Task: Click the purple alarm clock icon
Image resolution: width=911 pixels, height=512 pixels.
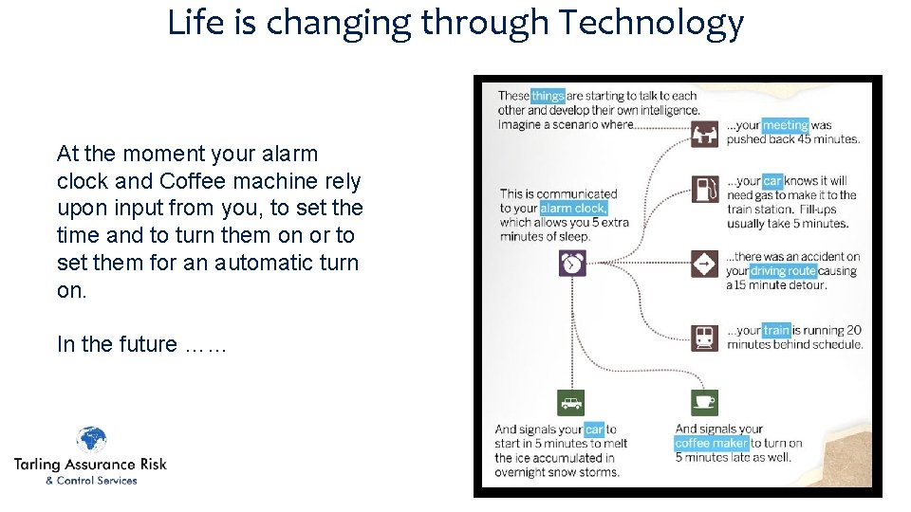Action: click(572, 263)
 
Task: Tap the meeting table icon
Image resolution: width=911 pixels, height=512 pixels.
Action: click(704, 134)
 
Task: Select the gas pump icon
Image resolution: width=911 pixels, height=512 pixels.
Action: click(704, 189)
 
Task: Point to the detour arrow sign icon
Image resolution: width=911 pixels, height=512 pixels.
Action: click(704, 264)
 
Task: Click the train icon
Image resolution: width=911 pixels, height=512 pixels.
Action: click(704, 337)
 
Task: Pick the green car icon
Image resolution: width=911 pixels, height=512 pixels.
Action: click(571, 403)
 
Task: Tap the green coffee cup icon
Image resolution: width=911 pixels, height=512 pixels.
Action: click(704, 403)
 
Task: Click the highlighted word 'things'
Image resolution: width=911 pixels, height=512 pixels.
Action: click(548, 96)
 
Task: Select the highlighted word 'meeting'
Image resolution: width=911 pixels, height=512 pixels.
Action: click(786, 125)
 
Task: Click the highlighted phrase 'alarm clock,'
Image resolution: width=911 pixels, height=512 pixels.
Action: click(573, 208)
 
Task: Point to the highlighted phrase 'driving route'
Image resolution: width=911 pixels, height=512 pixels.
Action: click(784, 271)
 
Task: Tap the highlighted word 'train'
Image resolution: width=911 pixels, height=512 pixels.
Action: click(777, 331)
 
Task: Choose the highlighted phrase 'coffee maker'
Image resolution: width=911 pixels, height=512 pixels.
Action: click(712, 443)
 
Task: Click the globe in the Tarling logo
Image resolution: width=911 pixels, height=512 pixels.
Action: click(92, 441)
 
